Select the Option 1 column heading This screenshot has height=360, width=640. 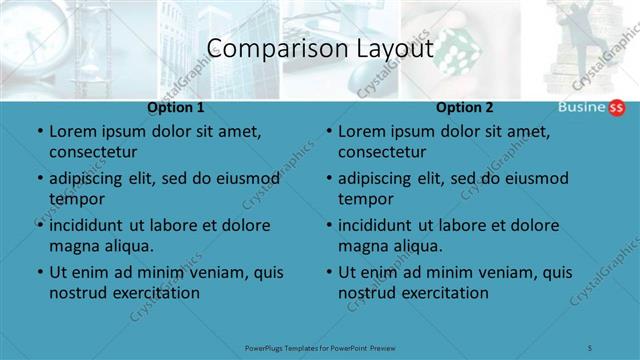pyautogui.click(x=176, y=107)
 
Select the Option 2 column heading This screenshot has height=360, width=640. pyautogui.click(x=465, y=107)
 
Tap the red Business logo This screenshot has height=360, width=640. pyautogui.click(x=591, y=108)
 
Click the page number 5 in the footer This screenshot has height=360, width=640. pyautogui.click(x=591, y=347)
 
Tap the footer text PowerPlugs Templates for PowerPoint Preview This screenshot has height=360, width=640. pyautogui.click(x=320, y=347)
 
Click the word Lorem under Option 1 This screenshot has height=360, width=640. pyautogui.click(x=73, y=131)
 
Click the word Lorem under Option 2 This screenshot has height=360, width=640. pyautogui.click(x=362, y=131)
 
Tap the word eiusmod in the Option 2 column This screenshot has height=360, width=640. pyautogui.click(x=536, y=179)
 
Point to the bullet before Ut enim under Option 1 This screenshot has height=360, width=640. pyautogui.click(x=40, y=272)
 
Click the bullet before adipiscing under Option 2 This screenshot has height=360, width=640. pyautogui.click(x=329, y=179)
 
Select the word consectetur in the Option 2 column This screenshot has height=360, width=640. pyautogui.click(x=381, y=152)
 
